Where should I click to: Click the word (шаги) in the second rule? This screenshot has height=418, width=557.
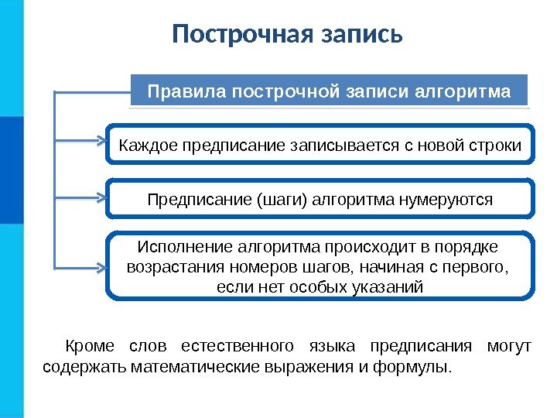point(279,200)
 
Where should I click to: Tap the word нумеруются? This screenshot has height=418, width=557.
point(444,200)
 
